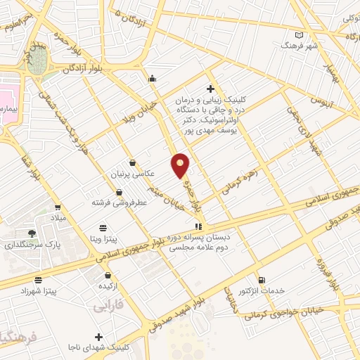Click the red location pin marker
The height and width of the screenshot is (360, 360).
tap(181, 165)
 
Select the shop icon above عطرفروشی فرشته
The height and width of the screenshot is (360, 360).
tap(118, 191)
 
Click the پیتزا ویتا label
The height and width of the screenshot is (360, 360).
tap(105, 239)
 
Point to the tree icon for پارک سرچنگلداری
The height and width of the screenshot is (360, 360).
tap(31, 233)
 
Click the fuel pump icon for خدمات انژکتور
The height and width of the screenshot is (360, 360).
tap(262, 280)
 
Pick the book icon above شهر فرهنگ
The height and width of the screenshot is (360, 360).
tap(300, 34)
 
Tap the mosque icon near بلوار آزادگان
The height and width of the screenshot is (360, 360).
tap(152, 78)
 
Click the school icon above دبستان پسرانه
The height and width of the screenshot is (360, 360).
tap(198, 226)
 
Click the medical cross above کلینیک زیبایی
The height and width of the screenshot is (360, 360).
tap(210, 89)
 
